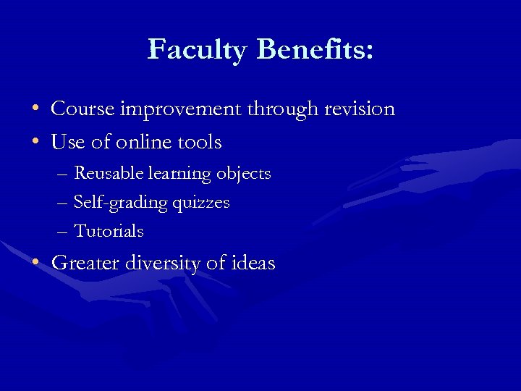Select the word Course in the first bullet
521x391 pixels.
click(x=82, y=109)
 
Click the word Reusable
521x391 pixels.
click(x=109, y=174)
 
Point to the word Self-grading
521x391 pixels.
click(x=121, y=203)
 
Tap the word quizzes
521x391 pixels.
click(x=201, y=203)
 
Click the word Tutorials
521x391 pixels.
click(x=109, y=232)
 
